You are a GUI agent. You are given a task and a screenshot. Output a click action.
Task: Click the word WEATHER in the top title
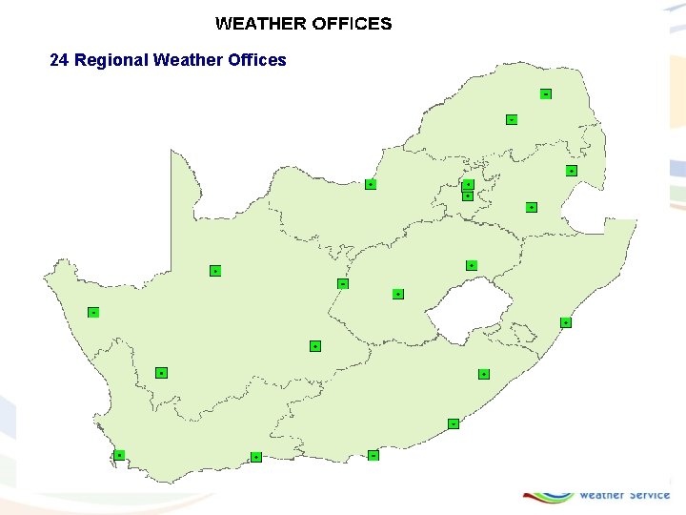pyautogui.click(x=260, y=24)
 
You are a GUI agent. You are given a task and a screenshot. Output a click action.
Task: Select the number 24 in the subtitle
pyautogui.click(x=59, y=60)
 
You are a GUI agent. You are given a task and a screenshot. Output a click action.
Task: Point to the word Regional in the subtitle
pyautogui.click(x=111, y=60)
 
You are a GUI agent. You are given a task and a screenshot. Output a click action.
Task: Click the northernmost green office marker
pyautogui.click(x=545, y=93)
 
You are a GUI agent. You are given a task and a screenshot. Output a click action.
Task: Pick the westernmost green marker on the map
pyautogui.click(x=93, y=312)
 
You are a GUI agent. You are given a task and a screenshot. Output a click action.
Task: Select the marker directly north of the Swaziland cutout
pyautogui.click(x=571, y=170)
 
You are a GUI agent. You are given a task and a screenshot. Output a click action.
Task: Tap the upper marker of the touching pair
pyautogui.click(x=468, y=184)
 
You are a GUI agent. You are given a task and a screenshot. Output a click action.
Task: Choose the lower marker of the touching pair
pyautogui.click(x=467, y=196)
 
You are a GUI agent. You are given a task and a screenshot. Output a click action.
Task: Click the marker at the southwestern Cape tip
pyautogui.click(x=119, y=455)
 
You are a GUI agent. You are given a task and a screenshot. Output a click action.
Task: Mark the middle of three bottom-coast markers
pyautogui.click(x=256, y=458)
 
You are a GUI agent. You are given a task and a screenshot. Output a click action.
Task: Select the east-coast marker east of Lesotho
pyautogui.click(x=565, y=322)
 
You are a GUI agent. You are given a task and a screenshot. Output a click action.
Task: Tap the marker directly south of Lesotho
pyautogui.click(x=484, y=373)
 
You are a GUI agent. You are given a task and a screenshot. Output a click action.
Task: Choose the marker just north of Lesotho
pyautogui.click(x=471, y=264)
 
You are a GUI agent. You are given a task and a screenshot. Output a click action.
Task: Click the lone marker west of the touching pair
pyautogui.click(x=371, y=184)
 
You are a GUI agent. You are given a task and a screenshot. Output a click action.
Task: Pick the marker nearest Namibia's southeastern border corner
pyautogui.click(x=215, y=271)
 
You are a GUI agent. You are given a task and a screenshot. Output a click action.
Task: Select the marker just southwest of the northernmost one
pyautogui.click(x=512, y=119)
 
